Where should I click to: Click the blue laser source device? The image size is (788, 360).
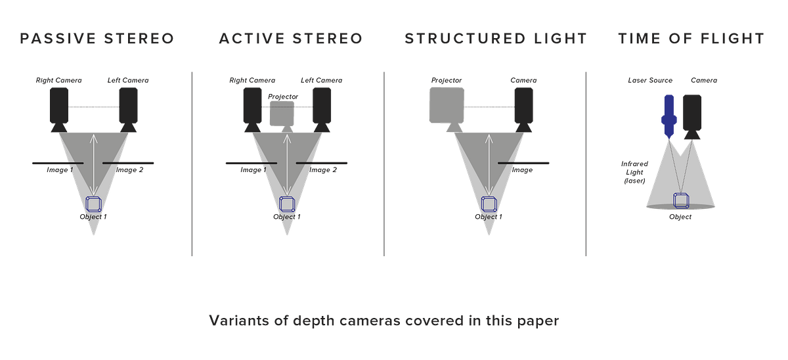pos(668,116)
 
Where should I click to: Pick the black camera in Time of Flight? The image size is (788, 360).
pos(692,116)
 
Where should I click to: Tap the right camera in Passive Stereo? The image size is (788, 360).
pos(127,109)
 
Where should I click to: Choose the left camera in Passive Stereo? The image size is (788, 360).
pos(58,109)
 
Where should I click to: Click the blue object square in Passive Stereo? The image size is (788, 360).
pos(94,203)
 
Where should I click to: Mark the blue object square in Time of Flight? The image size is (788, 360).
pos(680,199)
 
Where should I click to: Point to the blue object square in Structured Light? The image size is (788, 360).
pos(488,203)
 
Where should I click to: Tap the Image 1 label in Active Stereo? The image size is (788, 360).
pos(252,170)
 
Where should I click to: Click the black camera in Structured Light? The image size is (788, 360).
pos(523,109)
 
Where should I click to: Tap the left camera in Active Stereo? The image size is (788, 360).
pos(252,109)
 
